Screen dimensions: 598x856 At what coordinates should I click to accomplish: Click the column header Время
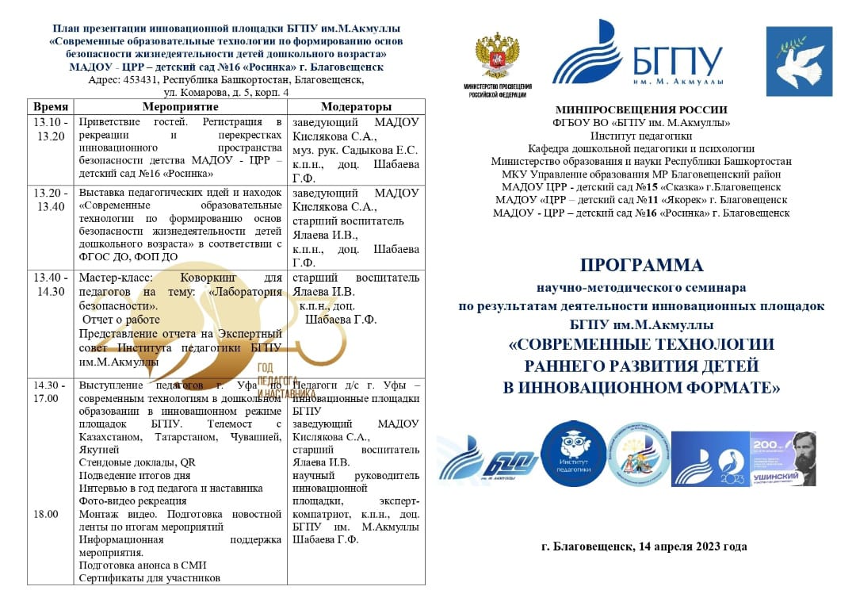pos(51,106)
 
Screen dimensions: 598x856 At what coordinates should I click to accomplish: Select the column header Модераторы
pos(356,106)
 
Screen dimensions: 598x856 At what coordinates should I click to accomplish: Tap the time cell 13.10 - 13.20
pos(51,128)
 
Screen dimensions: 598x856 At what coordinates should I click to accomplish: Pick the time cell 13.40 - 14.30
pos(51,284)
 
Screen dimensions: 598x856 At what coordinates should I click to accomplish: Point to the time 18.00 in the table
pos(45,514)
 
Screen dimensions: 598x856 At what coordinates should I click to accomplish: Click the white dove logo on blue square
pos(798,62)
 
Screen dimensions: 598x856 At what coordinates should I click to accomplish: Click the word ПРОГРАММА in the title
pos(641,265)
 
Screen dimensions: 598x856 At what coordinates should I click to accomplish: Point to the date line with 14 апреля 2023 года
pos(644,546)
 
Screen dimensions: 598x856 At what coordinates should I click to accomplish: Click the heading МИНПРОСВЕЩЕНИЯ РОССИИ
pos(641,110)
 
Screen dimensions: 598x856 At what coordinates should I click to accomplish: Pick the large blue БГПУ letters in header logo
pos(678,60)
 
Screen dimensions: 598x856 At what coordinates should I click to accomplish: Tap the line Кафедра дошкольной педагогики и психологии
pos(641,148)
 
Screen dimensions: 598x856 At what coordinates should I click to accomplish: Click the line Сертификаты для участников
pos(149,577)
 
